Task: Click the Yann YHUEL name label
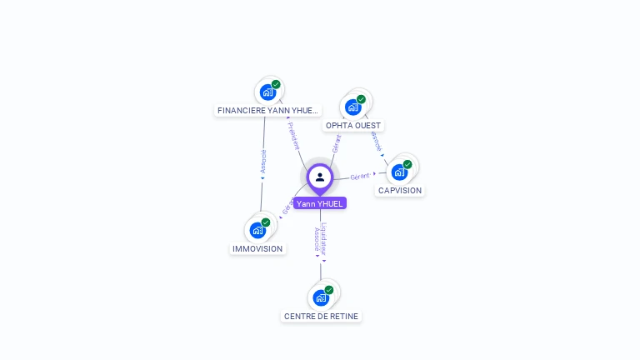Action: coord(320,203)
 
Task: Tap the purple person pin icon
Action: coord(320,177)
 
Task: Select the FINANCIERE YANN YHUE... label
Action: coord(267,110)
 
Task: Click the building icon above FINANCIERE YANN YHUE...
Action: coord(267,92)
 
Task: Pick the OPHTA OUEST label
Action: coord(353,126)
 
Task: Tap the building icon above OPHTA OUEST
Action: coord(353,107)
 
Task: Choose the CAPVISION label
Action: coord(400,191)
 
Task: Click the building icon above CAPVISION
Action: coord(400,172)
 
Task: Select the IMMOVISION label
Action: coord(257,249)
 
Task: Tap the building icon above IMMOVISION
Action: coord(257,230)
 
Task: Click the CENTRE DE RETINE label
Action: coord(322,317)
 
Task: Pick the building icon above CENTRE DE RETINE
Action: coord(321,297)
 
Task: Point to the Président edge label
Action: coord(293,135)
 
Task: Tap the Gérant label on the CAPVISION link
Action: coord(360,177)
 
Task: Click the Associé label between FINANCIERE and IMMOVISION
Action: coord(263,161)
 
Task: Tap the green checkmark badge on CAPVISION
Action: coord(407,164)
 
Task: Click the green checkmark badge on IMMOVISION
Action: coord(266,222)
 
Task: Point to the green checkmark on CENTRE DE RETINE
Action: coord(329,290)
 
